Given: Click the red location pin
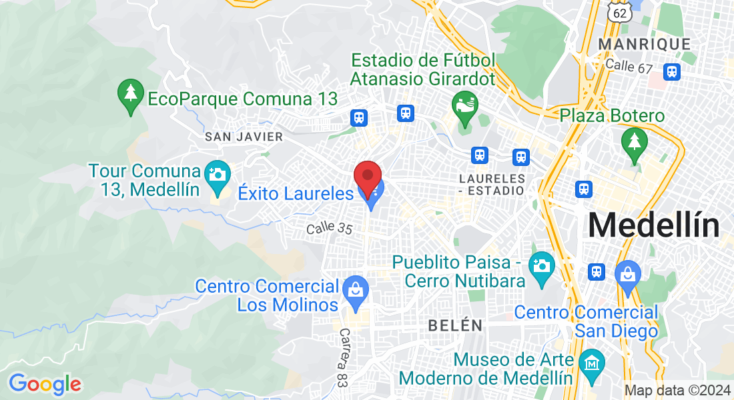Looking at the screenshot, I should [x=367, y=176].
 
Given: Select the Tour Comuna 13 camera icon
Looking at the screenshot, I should [x=217, y=175].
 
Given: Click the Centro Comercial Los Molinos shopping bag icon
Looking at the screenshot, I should [x=356, y=291].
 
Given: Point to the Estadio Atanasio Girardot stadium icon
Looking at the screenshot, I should [x=465, y=105].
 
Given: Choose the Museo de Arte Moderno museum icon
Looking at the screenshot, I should [x=592, y=363].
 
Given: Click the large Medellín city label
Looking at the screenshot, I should [x=653, y=226].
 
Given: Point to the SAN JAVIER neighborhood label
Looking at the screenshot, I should [x=244, y=137].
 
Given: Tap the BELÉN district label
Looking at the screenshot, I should [x=455, y=325].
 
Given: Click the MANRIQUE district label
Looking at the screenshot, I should [x=644, y=44].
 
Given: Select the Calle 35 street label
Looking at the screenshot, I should [x=329, y=229].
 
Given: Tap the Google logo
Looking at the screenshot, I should [x=45, y=384].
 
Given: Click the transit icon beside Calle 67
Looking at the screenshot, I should [x=672, y=71].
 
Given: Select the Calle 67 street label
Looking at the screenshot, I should [x=628, y=65].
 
